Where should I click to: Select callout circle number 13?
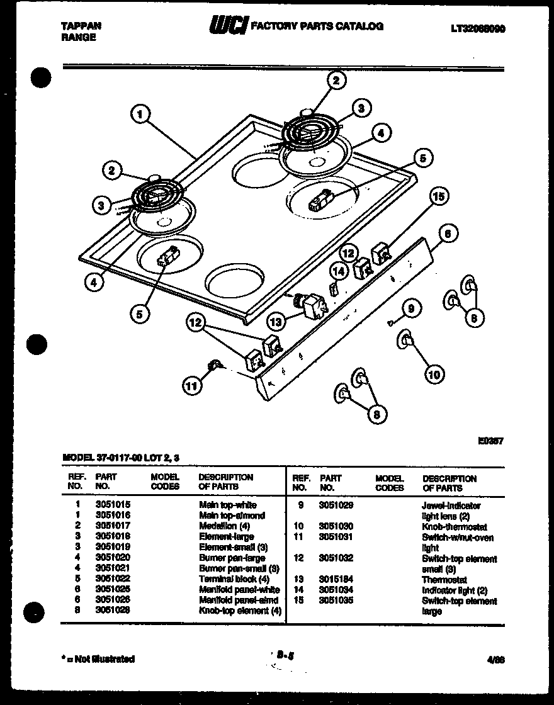click(275, 321)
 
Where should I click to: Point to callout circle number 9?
click(410, 308)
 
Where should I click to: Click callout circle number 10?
click(434, 375)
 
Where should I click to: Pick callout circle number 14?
click(339, 271)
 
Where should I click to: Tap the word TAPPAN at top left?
click(81, 26)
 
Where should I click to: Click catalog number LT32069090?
click(478, 28)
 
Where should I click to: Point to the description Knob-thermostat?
click(453, 527)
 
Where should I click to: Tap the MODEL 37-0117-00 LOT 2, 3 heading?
click(125, 458)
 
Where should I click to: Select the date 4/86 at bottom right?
click(496, 660)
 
